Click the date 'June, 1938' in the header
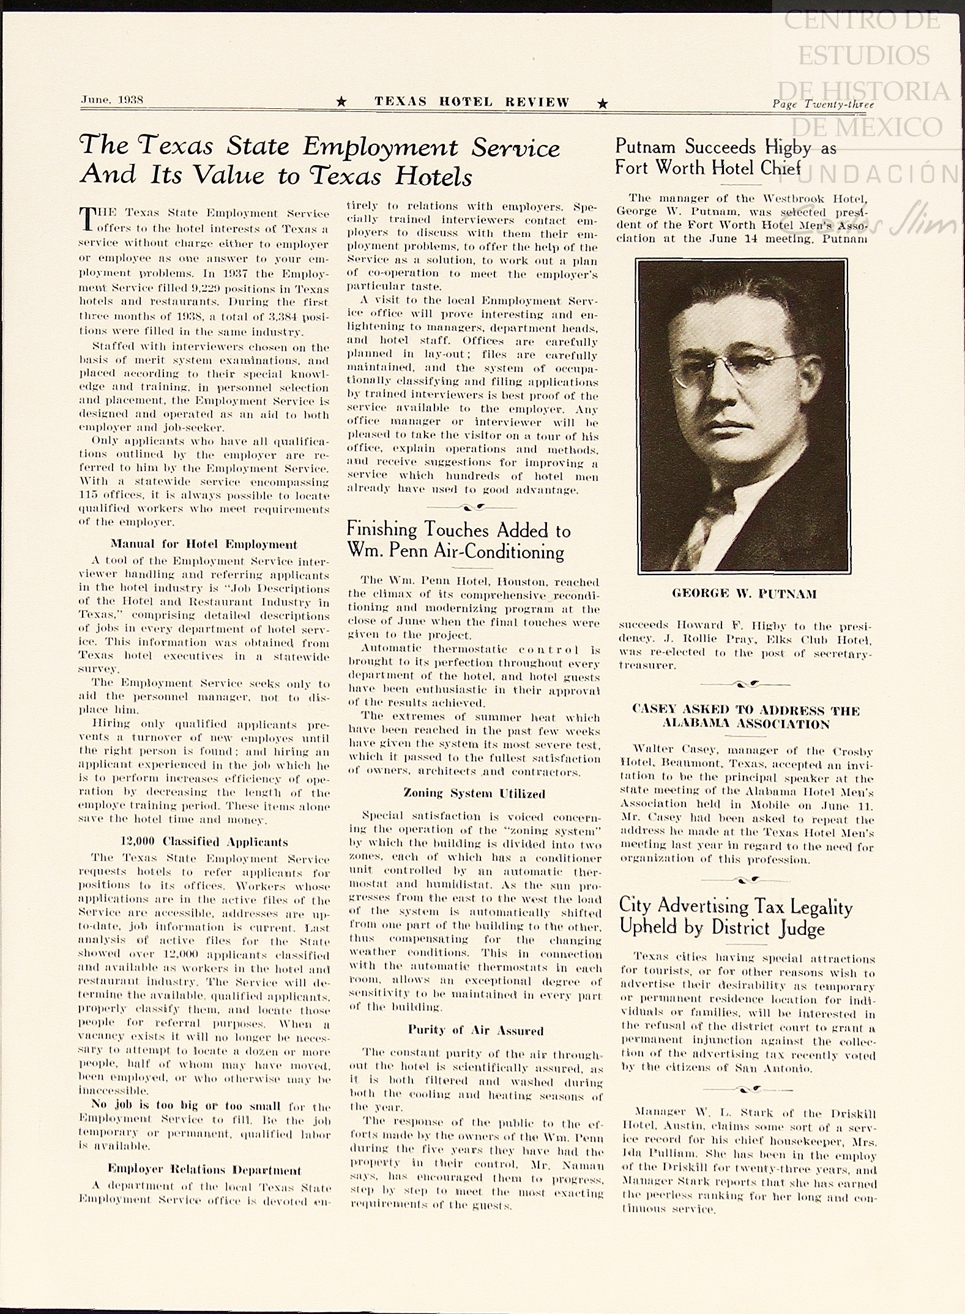coord(111,100)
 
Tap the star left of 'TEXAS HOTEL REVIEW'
coord(342,103)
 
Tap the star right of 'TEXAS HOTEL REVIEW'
coord(603,103)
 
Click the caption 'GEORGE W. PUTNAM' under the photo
coord(744,594)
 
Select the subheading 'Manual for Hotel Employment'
coord(204,544)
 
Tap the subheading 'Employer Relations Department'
coord(204,1170)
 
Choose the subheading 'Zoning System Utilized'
coord(474,793)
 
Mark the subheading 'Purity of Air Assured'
coord(475,1031)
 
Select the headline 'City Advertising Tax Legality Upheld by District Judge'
coord(736,917)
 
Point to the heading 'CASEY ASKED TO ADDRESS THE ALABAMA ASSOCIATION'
coord(746,717)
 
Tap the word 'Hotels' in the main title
coord(433,177)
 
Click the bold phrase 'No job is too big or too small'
coord(185,1106)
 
